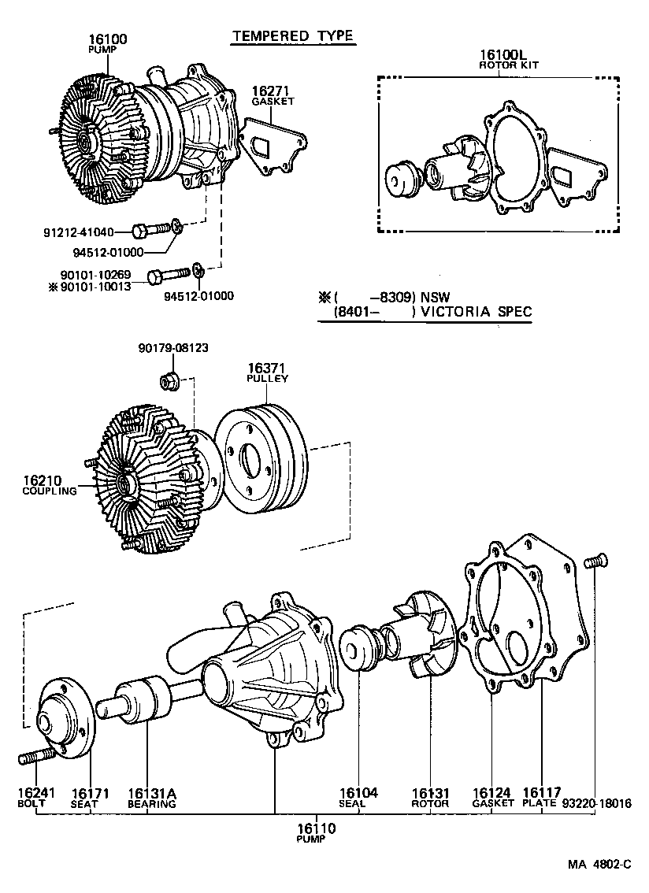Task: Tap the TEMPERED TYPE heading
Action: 292,35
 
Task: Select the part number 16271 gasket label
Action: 273,92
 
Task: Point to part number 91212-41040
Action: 79,232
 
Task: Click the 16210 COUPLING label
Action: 49,484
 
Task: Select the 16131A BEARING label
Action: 151,797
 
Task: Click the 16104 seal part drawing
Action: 358,649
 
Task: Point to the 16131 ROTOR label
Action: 430,797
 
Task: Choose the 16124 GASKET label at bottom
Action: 492,797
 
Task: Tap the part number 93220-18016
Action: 596,803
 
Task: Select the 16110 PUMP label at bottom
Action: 316,832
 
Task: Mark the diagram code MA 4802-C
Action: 600,864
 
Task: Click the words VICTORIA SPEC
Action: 476,312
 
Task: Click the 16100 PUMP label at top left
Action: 108,43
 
